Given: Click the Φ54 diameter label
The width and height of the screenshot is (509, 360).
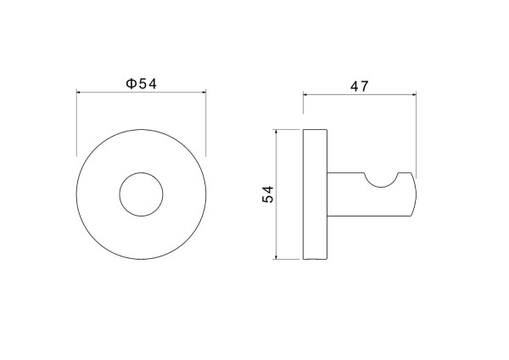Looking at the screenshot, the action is [141, 84].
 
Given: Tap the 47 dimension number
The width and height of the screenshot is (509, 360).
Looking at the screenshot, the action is [360, 87].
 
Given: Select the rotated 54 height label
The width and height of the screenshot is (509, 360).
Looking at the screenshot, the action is [268, 194].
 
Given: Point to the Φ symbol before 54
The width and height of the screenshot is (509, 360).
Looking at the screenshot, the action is [131, 84].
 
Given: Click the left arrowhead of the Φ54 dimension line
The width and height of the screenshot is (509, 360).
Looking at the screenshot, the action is [78, 93].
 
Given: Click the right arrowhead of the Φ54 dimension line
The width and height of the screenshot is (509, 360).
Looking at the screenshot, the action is [204, 93].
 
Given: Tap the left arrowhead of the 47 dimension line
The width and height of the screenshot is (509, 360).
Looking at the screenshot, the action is [305, 94].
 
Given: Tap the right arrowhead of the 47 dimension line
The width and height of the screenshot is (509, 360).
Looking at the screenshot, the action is [414, 94].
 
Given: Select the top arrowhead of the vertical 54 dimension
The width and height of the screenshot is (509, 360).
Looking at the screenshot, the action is [276, 132].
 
